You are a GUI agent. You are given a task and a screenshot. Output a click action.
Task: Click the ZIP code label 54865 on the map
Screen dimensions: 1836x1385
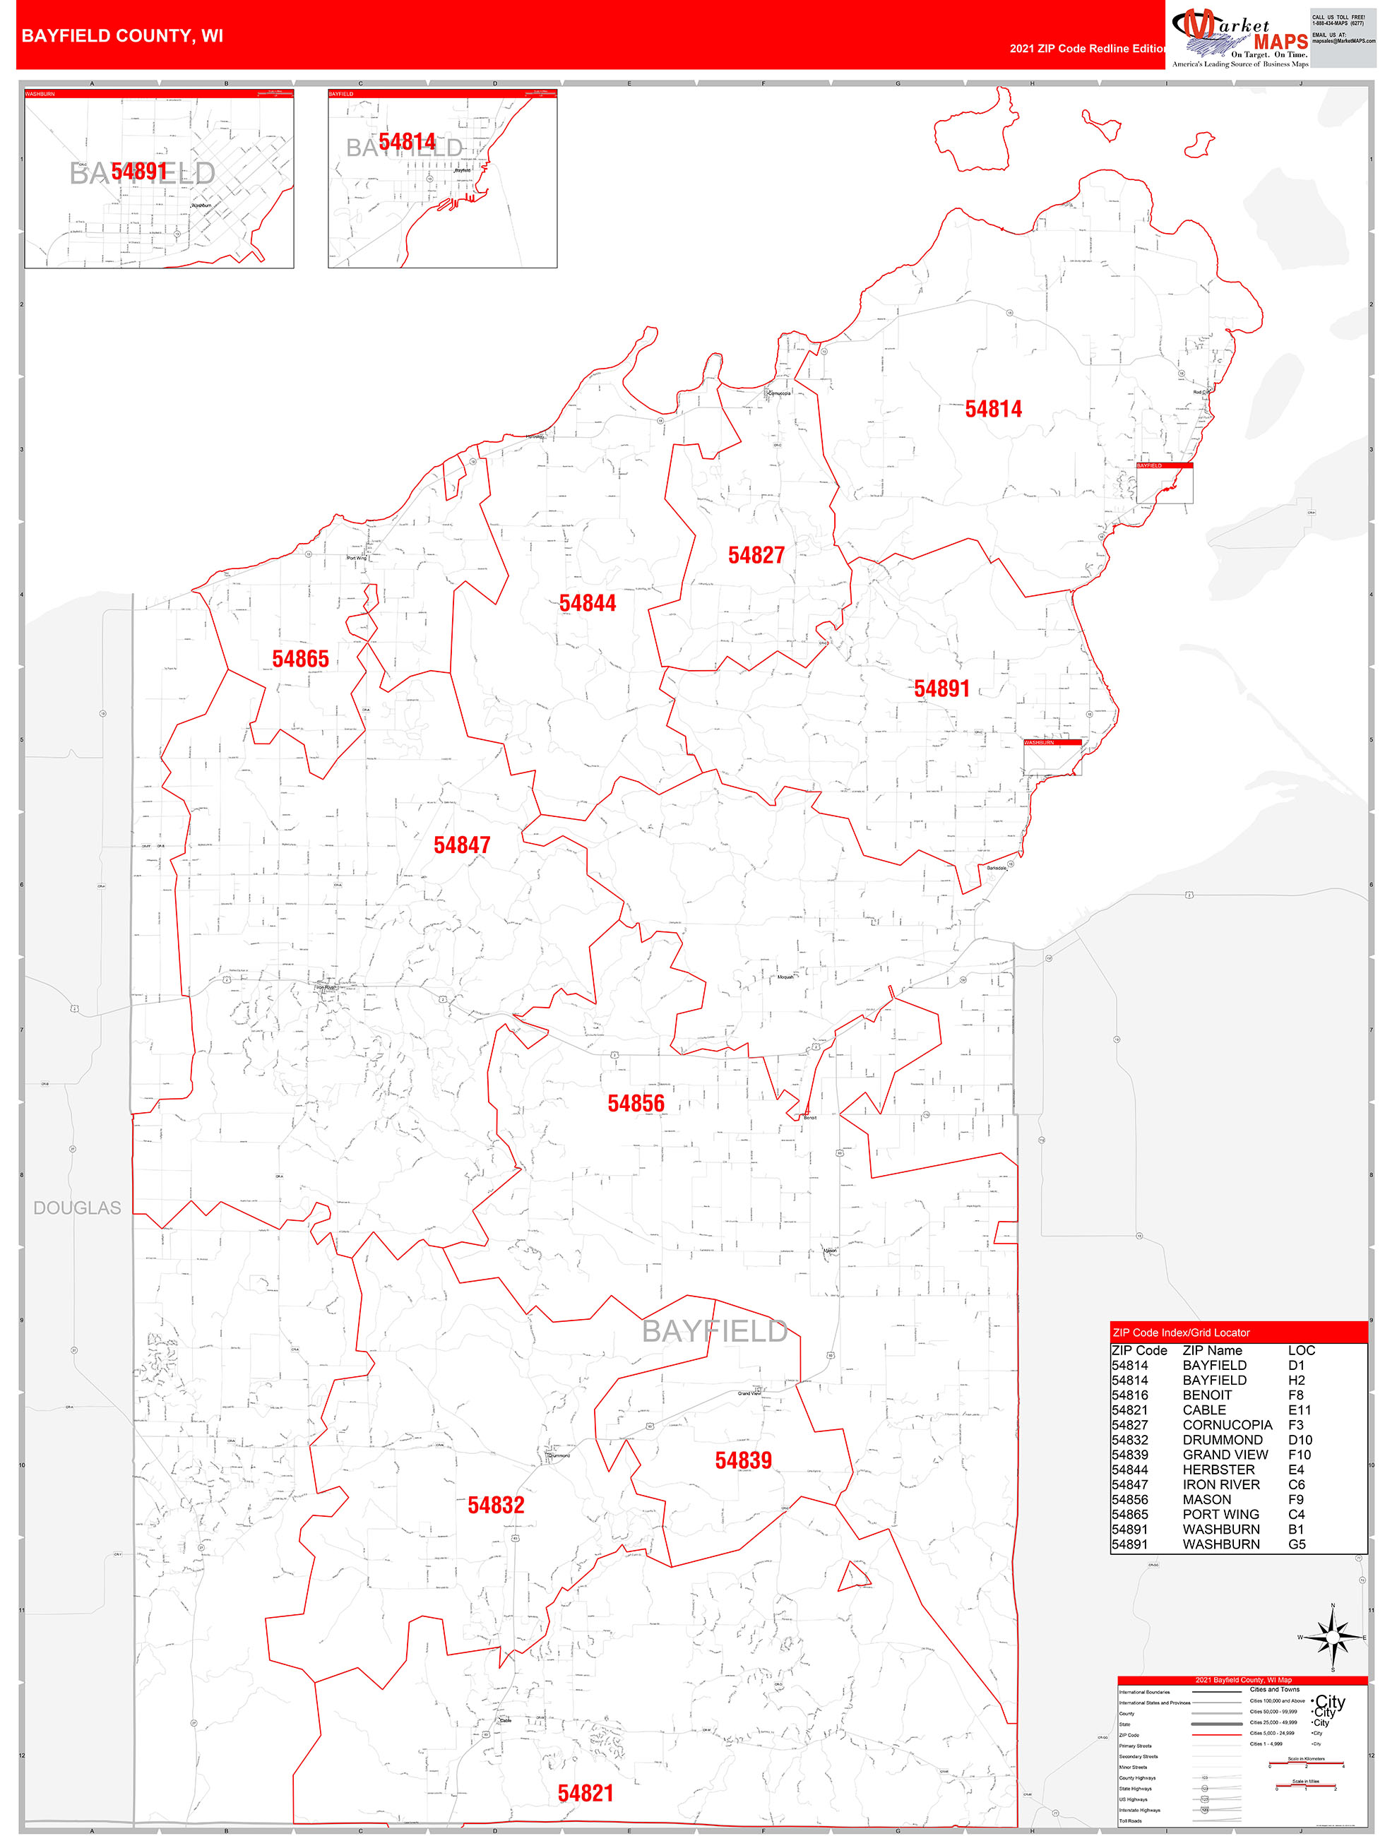[301, 659]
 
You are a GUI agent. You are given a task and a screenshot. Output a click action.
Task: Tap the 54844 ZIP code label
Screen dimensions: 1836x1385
[587, 604]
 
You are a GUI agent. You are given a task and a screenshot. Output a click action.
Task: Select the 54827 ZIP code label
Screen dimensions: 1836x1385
[756, 555]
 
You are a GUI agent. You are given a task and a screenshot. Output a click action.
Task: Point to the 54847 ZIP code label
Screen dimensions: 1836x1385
[462, 845]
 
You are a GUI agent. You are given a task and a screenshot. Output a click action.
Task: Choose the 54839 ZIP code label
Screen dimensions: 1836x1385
[743, 1460]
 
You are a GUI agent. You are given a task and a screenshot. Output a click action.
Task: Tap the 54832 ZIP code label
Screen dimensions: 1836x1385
[496, 1505]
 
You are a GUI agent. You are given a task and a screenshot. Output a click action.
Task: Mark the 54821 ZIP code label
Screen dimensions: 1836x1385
[585, 1793]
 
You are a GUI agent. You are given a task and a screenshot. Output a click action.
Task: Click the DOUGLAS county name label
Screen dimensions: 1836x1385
[77, 1208]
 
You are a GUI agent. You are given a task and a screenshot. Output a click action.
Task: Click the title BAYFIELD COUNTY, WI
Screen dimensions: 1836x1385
[122, 36]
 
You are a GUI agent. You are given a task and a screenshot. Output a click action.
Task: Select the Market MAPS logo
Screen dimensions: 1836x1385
[1239, 37]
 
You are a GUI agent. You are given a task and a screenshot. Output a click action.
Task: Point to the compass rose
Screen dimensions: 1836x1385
[1333, 1638]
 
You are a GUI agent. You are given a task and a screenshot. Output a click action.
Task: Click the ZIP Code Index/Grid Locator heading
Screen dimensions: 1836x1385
[1180, 1333]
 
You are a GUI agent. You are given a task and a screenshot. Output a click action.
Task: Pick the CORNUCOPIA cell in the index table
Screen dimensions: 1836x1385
[1226, 1425]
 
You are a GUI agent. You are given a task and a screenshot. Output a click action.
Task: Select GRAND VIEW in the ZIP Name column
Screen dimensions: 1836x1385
[1225, 1455]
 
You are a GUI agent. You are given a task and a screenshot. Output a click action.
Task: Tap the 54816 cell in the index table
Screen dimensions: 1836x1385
[1129, 1395]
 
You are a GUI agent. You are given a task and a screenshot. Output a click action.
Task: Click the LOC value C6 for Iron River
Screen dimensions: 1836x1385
[1296, 1485]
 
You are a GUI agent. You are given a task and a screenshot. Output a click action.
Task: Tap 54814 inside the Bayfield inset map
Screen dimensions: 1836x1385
[407, 143]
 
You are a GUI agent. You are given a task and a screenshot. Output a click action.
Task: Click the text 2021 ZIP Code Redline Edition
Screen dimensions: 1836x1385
[1088, 48]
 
